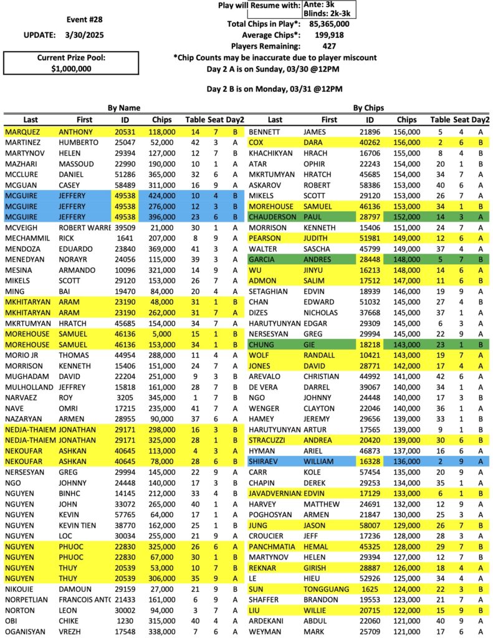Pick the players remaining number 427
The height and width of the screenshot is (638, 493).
click(x=330, y=46)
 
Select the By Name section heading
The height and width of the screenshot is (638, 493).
click(x=123, y=108)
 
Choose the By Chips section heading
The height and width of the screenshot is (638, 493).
click(x=368, y=108)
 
